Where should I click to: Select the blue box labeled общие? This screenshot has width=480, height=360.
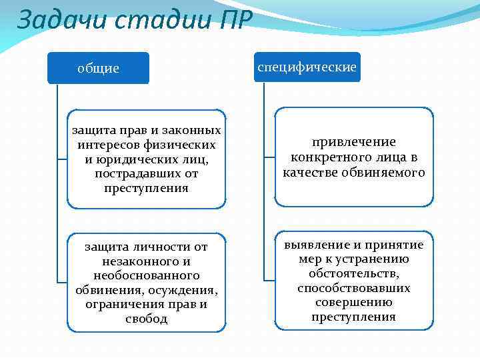click(x=98, y=68)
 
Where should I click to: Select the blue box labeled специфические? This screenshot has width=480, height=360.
click(x=307, y=67)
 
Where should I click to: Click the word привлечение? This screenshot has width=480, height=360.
click(x=354, y=142)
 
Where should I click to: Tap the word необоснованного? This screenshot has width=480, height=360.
click(x=147, y=275)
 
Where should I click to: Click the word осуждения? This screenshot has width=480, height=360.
click(x=185, y=290)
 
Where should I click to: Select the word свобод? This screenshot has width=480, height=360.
click(x=147, y=319)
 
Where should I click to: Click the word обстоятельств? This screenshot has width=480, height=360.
click(x=354, y=274)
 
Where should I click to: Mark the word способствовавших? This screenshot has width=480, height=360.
click(x=354, y=288)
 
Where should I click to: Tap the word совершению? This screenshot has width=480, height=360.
click(x=354, y=303)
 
